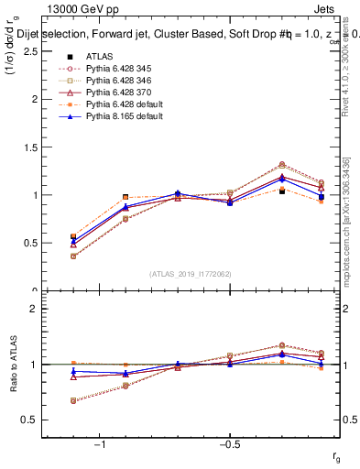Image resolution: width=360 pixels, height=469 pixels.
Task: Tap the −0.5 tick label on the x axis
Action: coord(228,444)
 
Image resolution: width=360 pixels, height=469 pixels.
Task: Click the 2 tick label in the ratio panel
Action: coord(33,309)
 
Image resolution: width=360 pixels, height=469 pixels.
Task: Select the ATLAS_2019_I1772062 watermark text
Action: coord(190,272)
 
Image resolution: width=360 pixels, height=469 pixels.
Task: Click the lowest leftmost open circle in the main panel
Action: coord(73,256)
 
